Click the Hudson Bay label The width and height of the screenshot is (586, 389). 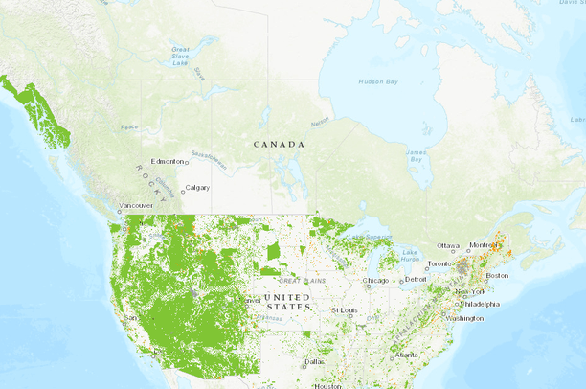(x=377, y=82)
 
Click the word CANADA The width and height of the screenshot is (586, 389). (x=279, y=144)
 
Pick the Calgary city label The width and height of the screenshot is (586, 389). (x=197, y=187)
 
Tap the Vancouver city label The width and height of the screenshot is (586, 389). (x=135, y=205)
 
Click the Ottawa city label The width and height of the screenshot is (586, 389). (x=449, y=246)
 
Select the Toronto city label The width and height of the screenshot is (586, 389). (x=439, y=263)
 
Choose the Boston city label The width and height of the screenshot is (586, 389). (x=497, y=275)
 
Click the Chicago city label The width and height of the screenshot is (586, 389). (x=376, y=281)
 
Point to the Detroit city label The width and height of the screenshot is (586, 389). (x=417, y=279)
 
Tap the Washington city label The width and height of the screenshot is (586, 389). (x=463, y=317)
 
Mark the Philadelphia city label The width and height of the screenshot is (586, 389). (x=480, y=304)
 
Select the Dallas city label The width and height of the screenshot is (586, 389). (x=314, y=361)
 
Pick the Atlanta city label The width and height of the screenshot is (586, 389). (x=406, y=355)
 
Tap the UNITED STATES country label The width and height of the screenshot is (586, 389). (x=287, y=302)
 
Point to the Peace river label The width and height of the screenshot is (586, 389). (x=128, y=126)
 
